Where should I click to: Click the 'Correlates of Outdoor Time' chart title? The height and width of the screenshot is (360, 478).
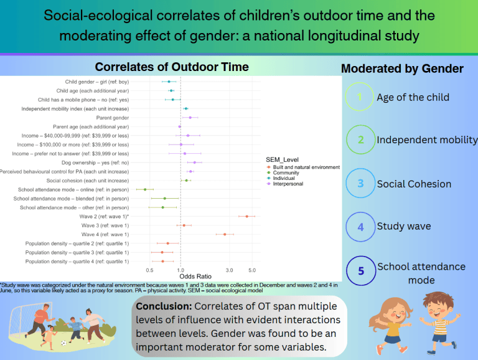coord(171,67)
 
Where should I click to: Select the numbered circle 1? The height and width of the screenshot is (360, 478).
coord(360,97)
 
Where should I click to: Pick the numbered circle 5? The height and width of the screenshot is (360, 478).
coord(360,272)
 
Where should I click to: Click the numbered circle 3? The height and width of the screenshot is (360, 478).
coord(360,184)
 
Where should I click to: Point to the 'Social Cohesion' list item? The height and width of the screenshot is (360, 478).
coord(414,184)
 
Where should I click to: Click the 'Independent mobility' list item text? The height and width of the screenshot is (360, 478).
coord(427,140)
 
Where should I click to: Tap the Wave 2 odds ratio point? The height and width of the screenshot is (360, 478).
coord(247,216)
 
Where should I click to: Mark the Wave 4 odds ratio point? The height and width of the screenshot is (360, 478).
coord(225,234)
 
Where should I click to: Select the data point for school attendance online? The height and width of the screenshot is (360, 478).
coord(145,189)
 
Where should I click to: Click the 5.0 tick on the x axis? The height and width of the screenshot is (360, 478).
coord(252,270)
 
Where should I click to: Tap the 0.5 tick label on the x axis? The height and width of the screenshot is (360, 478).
coord(149,270)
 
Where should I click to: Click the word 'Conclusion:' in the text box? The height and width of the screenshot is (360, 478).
coord(164,306)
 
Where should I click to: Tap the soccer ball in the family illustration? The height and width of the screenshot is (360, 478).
coord(63,343)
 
